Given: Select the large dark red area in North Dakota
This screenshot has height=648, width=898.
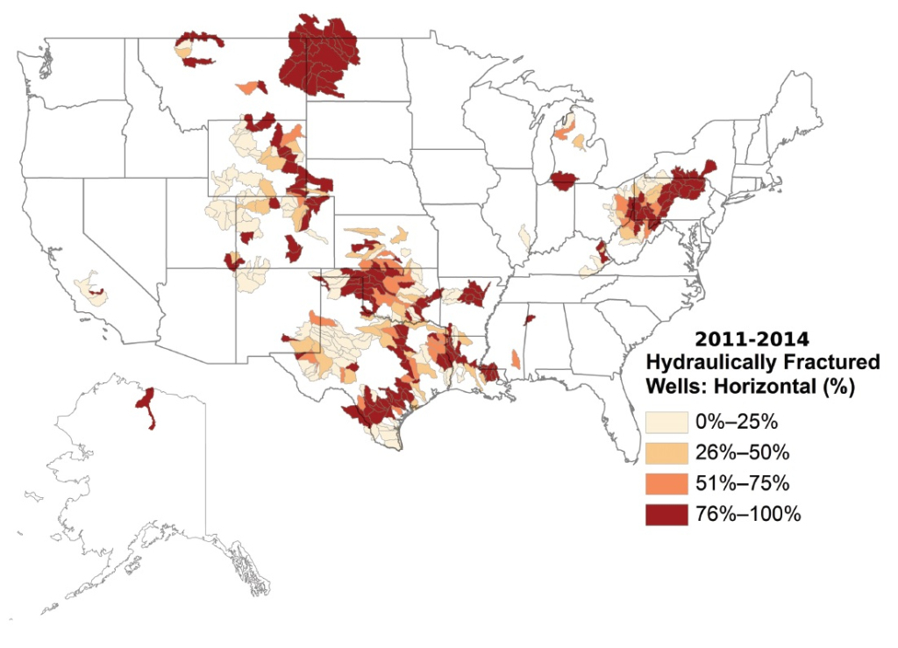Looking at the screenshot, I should (x=320, y=57).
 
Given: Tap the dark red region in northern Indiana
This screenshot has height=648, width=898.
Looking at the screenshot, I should (x=562, y=182).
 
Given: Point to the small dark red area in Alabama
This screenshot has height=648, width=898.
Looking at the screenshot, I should (x=530, y=320).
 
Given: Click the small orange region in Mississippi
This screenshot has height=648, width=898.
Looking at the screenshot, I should (x=515, y=359).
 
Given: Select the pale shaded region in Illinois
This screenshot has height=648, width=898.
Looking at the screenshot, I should (x=524, y=236).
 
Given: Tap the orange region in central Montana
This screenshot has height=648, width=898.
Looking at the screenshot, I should (x=251, y=87).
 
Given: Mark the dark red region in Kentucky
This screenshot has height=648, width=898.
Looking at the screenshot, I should (x=602, y=254).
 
